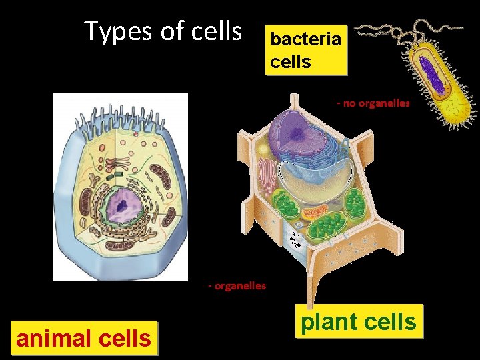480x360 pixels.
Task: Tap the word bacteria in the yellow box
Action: point(306,39)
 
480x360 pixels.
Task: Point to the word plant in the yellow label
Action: point(328,322)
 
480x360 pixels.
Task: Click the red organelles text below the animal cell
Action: point(237,285)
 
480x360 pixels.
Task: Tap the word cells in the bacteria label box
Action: point(290,62)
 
